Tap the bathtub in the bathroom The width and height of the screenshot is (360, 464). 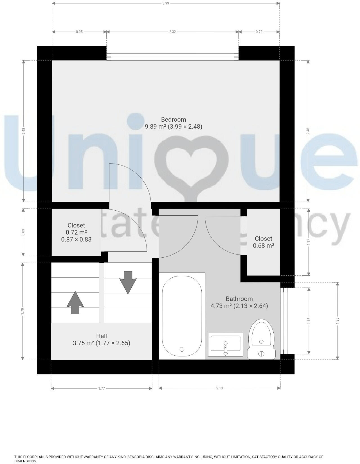click(182, 316)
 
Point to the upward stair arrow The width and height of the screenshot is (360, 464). click(75, 303)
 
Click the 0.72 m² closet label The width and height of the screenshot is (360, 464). click(76, 232)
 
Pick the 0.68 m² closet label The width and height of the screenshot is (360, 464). click(264, 242)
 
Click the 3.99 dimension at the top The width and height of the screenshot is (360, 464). click(166, 3)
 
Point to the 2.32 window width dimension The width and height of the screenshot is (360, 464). click(172, 32)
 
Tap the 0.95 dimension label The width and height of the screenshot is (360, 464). click(79, 32)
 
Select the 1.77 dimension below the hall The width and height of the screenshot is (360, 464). click(102, 389)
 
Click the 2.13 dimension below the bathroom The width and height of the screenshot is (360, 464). click(219, 388)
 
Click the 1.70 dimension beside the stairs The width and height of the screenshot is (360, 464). click(23, 311)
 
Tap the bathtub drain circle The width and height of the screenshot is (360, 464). click(182, 349)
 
